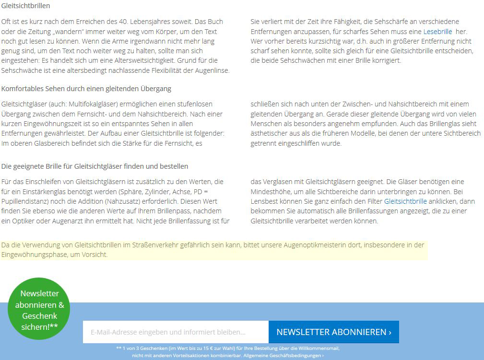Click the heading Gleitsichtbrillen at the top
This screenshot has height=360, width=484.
pyautogui.click(x=26, y=6)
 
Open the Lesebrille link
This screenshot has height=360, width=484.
pyautogui.click(x=437, y=31)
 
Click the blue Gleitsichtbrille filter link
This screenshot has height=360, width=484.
pyautogui.click(x=405, y=201)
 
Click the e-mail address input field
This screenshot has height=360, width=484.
pyautogui.click(x=176, y=332)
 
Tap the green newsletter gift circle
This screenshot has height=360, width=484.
pyautogui.click(x=39, y=310)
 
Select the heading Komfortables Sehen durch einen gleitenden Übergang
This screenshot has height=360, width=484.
pyautogui.click(x=86, y=89)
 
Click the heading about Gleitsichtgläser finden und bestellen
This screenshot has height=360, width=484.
pyautogui.click(x=94, y=166)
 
